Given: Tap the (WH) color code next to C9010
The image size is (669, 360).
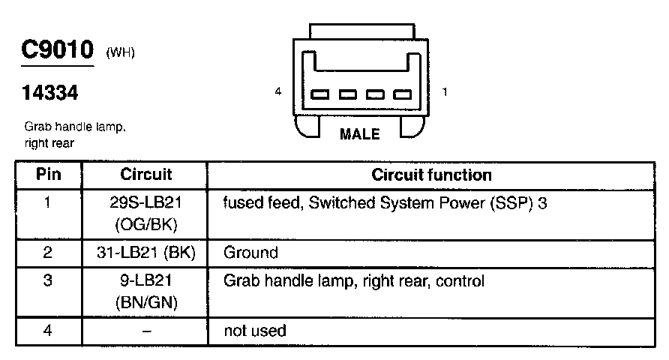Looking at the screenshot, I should click(121, 52).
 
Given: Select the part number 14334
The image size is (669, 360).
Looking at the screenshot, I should click(49, 94).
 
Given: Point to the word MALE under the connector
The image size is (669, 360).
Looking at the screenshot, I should click(360, 135).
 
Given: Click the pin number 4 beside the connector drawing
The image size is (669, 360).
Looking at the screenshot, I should click(278, 92).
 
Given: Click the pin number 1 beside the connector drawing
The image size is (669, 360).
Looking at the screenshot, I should click(445, 92).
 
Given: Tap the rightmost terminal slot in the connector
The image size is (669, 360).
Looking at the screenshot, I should click(403, 94).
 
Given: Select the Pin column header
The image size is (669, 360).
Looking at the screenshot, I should click(48, 175).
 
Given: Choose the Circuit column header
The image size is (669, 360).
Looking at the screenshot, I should click(145, 175).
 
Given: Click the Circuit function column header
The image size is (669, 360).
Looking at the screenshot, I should click(431, 175).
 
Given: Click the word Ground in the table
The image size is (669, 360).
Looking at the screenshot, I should click(250, 253).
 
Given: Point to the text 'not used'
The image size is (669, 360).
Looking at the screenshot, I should click(255, 331).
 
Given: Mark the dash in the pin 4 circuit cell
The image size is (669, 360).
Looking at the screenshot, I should click(145, 331).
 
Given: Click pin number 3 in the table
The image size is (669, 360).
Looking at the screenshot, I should click(48, 282).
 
